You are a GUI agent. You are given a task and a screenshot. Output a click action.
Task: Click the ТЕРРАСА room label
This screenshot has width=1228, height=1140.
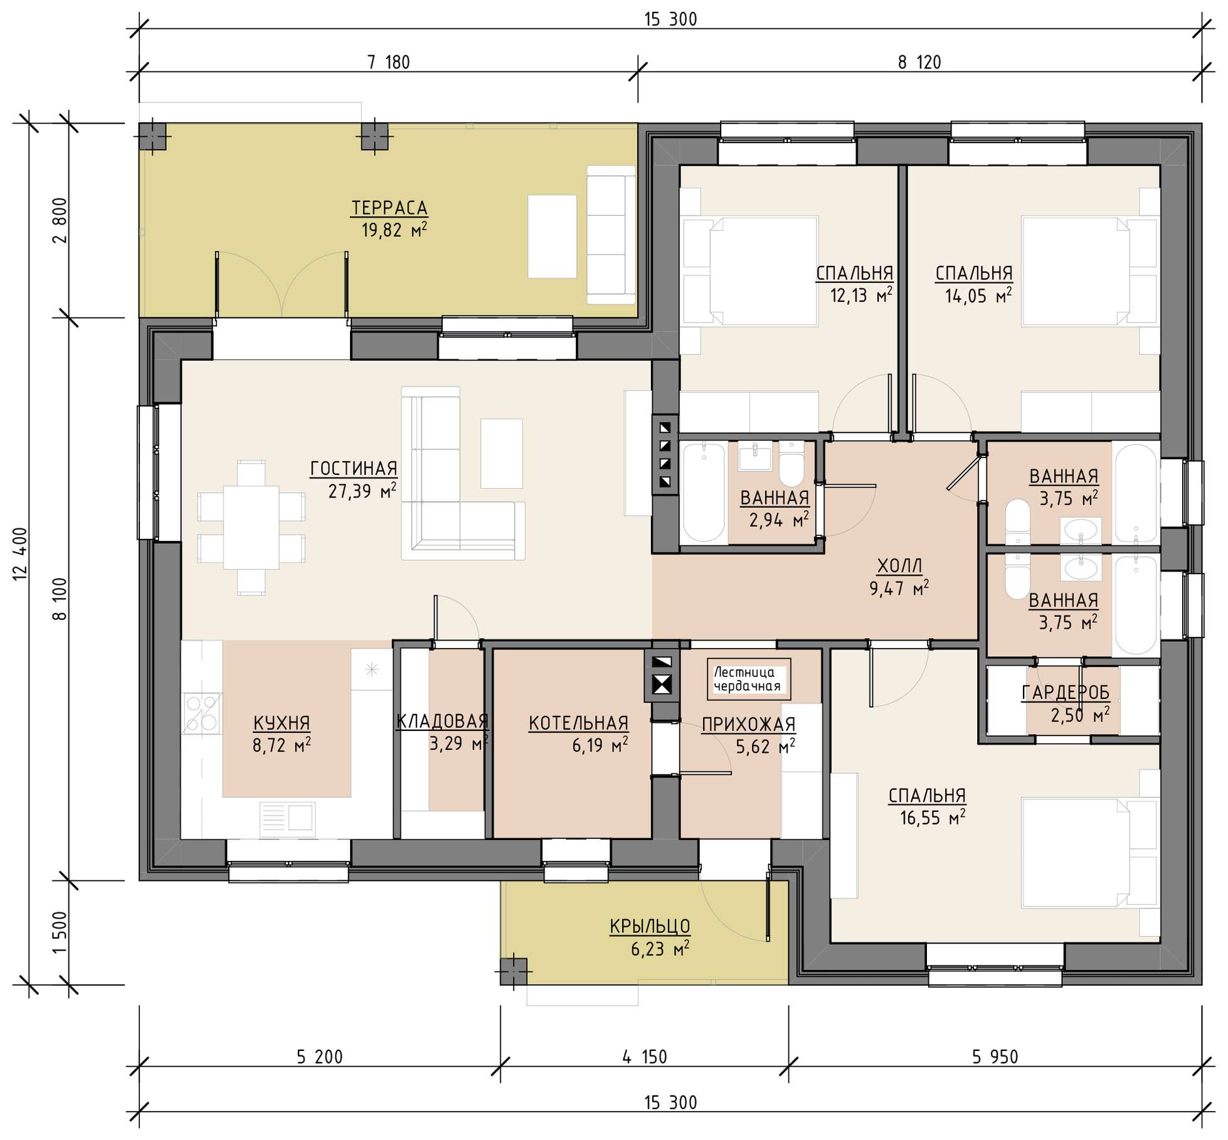tap(389, 208)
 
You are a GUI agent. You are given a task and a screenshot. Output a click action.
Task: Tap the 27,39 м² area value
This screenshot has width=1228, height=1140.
tap(362, 491)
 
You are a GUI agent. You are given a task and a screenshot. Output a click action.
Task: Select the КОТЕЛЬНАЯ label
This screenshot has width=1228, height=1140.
tap(578, 723)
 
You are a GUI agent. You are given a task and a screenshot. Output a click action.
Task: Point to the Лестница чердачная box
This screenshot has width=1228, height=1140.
tap(749, 679)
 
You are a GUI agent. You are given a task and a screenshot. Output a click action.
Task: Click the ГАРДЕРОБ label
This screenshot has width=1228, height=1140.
tap(1066, 693)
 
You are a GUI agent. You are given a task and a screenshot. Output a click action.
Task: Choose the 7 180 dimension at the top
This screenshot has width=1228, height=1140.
tap(389, 63)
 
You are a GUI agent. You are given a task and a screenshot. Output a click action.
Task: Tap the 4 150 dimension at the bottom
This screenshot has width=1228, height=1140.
tap(645, 1057)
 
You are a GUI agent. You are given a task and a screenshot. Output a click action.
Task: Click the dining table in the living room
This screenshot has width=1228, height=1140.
tap(251, 527)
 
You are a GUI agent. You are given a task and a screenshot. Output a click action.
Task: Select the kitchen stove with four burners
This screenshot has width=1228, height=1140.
tap(201, 713)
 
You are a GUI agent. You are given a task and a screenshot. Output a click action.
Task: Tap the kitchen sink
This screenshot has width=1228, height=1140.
tap(287, 819)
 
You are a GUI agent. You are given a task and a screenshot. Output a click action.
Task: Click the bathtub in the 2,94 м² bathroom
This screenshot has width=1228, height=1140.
tap(704, 493)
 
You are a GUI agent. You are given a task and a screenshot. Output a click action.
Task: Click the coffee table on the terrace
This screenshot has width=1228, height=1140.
tap(552, 237)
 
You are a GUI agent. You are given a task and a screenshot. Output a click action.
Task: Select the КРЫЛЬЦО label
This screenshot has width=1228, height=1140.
tap(650, 926)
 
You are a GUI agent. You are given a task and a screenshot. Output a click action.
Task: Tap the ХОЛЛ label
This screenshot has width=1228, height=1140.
tap(899, 566)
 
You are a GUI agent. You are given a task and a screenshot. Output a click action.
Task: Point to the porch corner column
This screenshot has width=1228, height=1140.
tap(514, 972)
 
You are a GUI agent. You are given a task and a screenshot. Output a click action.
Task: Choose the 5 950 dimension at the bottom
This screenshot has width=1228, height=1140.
tap(995, 1057)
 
